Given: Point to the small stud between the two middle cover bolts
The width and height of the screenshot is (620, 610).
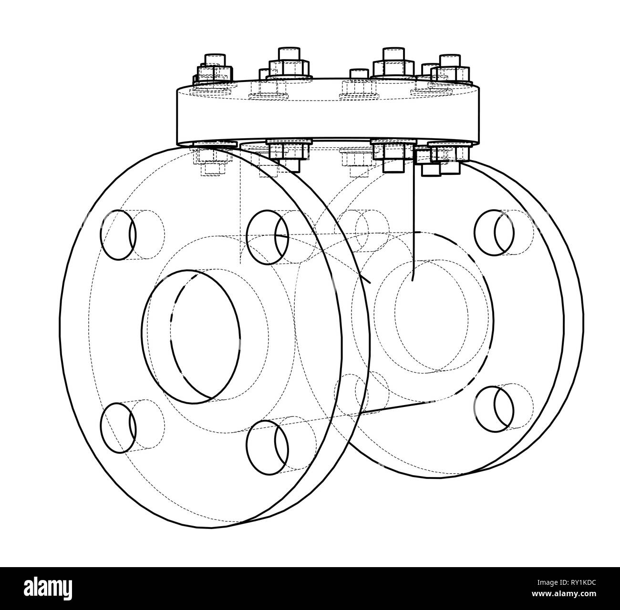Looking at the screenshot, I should (359, 75).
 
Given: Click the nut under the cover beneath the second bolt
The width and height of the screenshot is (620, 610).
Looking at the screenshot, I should (289, 152).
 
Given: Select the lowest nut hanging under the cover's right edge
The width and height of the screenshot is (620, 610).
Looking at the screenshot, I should (430, 170).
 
